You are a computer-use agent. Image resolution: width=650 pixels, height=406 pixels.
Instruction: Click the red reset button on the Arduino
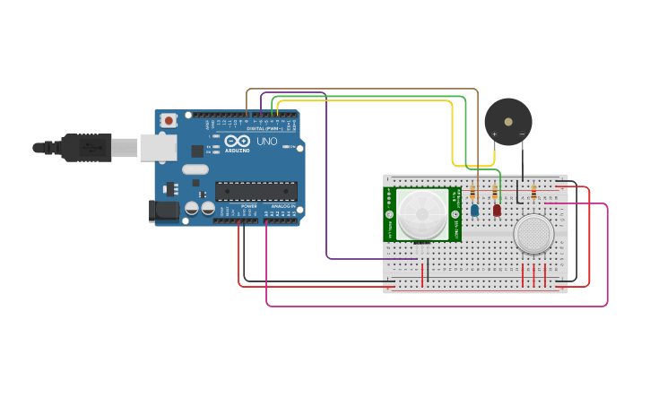[x=169, y=120]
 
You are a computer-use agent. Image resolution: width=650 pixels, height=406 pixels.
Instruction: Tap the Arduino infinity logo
[x=238, y=142]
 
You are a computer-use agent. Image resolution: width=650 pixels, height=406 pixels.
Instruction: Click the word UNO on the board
[x=267, y=142]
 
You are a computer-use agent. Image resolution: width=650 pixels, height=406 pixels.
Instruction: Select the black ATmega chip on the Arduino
[x=256, y=191]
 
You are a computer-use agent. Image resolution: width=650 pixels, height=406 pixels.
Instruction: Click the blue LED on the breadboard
[x=475, y=211]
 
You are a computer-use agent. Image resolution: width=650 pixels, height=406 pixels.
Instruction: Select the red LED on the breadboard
[x=497, y=211]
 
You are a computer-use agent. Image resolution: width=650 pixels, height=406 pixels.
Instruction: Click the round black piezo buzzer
[x=507, y=122]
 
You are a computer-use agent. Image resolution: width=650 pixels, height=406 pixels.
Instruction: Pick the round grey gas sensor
[x=533, y=234]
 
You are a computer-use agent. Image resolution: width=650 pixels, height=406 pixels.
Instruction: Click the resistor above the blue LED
[x=472, y=192]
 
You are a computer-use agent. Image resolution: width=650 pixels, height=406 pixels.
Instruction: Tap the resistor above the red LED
[x=495, y=192]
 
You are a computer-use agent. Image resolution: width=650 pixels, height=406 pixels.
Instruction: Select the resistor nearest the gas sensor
[x=535, y=192]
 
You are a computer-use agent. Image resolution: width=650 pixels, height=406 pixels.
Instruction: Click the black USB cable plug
[x=86, y=147]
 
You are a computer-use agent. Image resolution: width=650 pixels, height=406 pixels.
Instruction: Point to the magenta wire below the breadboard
[x=430, y=307]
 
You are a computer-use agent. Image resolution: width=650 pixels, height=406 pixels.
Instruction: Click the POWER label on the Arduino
[x=248, y=206]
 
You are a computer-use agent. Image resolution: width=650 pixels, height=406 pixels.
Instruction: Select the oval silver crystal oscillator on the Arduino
[x=195, y=169]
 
